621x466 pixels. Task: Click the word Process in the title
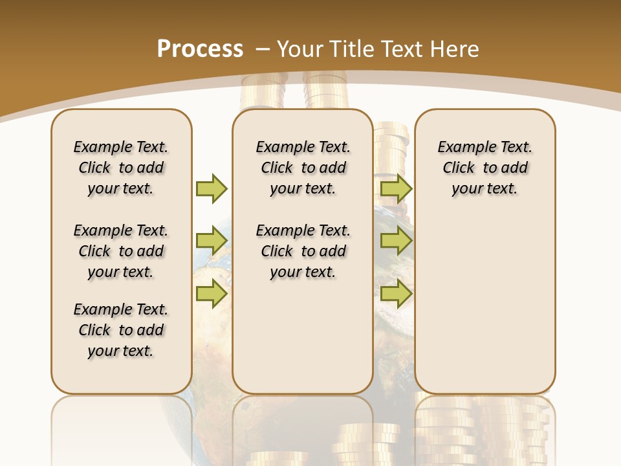[x=200, y=49]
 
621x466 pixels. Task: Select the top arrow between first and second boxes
[x=212, y=188]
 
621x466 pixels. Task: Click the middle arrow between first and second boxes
[x=212, y=241]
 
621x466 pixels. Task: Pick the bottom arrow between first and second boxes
[x=212, y=294]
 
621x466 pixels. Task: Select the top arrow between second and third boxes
[x=396, y=188]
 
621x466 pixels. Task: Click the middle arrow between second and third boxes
[x=396, y=241]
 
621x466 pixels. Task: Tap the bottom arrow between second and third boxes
[x=396, y=294]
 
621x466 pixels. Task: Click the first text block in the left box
[x=121, y=168]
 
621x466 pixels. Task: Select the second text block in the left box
[x=121, y=251]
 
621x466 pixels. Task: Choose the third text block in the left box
[x=121, y=330]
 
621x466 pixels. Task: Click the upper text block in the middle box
[x=303, y=168]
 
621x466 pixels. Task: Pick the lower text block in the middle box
[x=303, y=251]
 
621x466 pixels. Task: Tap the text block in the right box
[x=485, y=168]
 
